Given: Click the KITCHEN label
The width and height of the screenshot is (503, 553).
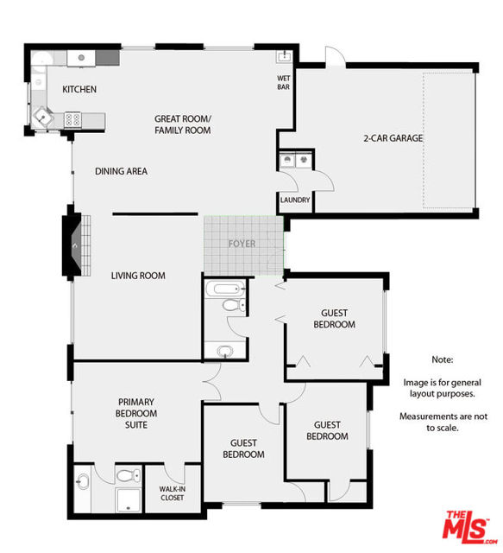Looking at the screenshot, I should (79, 89).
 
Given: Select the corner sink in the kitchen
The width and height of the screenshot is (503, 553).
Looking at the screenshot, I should (41, 116).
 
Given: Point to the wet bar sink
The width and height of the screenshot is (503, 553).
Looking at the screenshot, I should (284, 56).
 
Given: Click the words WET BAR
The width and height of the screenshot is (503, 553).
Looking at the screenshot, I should (284, 83).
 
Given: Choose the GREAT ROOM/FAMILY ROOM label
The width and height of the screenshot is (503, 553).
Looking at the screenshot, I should (182, 124).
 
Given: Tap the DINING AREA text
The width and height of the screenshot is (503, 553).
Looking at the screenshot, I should (121, 171).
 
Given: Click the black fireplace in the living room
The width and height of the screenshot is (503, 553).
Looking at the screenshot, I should (69, 245).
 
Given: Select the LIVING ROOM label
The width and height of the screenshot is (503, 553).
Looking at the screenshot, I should (138, 276).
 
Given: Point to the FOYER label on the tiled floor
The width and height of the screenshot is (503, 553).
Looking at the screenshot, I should (242, 244).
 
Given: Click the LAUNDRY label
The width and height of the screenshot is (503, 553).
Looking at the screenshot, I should (294, 200).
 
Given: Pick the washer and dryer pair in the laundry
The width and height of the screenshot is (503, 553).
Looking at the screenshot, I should (294, 160).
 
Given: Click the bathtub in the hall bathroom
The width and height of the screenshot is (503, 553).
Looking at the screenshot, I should (226, 288).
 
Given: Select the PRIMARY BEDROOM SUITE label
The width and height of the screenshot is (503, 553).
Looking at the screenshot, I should (137, 413).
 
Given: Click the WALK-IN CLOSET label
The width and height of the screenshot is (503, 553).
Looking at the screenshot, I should (172, 493).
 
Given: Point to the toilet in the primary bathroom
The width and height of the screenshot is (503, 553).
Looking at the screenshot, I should (127, 475).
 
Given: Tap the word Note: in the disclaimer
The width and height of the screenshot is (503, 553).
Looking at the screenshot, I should (441, 359).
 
